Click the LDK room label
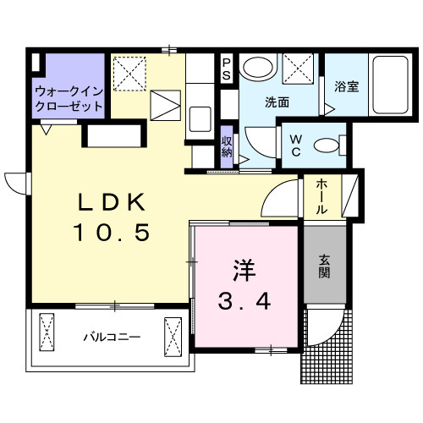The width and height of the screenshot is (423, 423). tap(113, 203)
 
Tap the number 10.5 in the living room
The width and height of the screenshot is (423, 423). tap(113, 231)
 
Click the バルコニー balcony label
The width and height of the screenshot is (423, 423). tap(111, 337)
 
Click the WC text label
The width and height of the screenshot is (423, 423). tap(297, 144)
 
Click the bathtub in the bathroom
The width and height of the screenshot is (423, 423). tap(389, 85)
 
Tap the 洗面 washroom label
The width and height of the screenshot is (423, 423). tap(277, 103)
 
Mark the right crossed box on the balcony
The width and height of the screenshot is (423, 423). tap(173, 336)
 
